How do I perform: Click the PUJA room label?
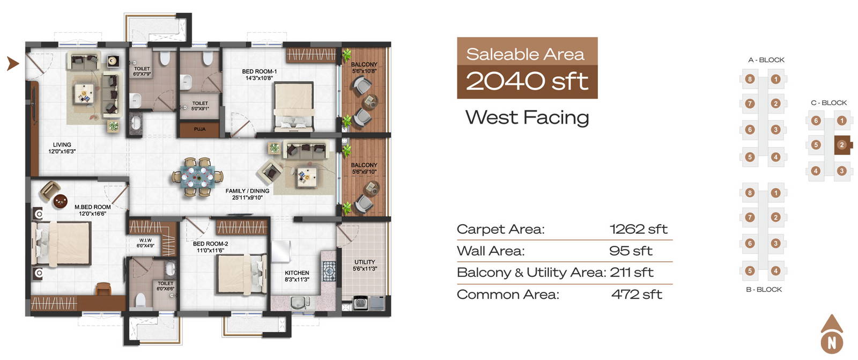199,129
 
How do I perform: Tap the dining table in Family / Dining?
198,177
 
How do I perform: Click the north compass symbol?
832,334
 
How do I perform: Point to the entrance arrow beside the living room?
13,63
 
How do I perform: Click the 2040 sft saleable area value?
527,81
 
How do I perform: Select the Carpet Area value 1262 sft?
639,229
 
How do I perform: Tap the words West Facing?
527,117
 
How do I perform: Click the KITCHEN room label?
297,273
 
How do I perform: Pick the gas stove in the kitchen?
329,271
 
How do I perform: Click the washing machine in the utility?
360,303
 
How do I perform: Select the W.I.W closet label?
145,240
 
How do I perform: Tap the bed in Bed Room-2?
242,274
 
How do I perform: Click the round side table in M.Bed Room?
61,201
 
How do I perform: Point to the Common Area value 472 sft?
637,295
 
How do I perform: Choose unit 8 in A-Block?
750,79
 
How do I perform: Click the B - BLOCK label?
764,290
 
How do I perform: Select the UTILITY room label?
365,262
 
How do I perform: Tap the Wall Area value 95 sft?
631,251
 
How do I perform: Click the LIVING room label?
62,144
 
